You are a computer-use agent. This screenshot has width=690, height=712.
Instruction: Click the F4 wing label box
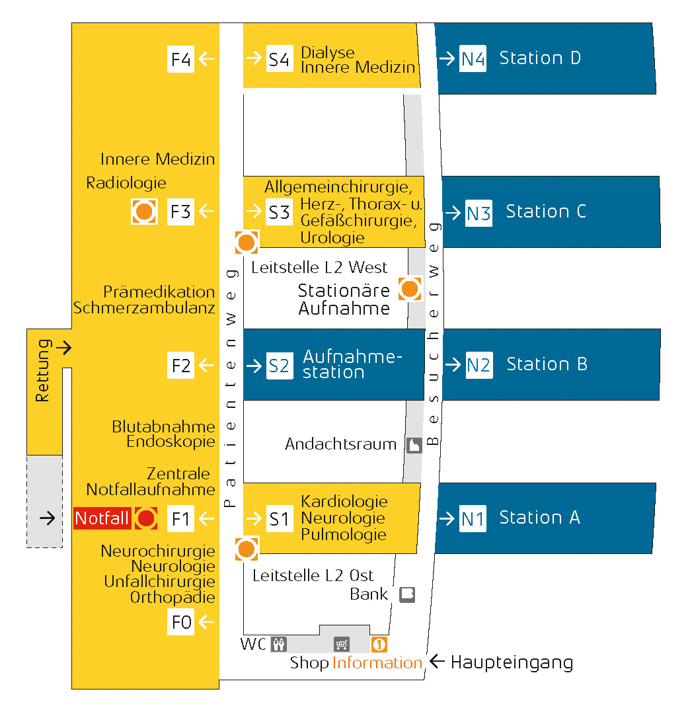(180, 59)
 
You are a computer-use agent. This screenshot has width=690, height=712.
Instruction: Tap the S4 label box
(279, 59)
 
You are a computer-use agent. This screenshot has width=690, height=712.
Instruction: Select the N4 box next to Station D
(473, 59)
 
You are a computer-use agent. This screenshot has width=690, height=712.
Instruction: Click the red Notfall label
(102, 518)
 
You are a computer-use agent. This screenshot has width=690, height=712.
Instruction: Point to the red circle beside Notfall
(146, 518)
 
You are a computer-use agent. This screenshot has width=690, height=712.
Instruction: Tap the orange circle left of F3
(144, 212)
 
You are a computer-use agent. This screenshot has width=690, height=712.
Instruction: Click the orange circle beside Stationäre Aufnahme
(410, 289)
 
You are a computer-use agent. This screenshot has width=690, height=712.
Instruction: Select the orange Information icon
(379, 645)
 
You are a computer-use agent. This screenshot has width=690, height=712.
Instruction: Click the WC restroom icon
(279, 644)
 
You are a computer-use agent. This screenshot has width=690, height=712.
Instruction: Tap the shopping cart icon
(342, 644)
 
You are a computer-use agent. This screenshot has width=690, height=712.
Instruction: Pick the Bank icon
(407, 594)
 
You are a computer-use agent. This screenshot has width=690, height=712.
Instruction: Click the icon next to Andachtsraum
(414, 446)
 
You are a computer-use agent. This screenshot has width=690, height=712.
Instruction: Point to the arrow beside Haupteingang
(437, 661)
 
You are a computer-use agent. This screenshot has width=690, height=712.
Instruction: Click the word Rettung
(43, 370)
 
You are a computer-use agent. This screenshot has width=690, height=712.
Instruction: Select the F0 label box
(180, 621)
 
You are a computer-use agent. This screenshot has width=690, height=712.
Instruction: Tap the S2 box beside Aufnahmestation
(279, 366)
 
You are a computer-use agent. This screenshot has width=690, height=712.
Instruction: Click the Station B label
(547, 364)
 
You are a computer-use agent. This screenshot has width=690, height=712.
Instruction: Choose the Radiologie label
(126, 183)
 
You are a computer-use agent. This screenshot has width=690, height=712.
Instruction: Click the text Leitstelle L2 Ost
(313, 575)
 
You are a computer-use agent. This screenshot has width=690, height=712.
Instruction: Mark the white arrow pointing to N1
(447, 518)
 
